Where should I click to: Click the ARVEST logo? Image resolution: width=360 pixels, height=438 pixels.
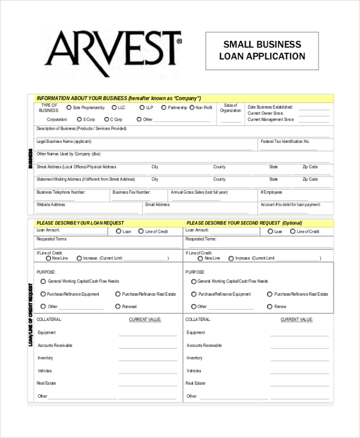tap(113, 50)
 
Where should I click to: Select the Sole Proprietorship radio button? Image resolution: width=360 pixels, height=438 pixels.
tap(68, 107)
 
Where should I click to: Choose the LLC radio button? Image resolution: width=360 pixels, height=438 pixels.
tap(113, 107)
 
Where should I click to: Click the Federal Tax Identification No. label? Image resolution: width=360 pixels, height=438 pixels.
tap(285, 142)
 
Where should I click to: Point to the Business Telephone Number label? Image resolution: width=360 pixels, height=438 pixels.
tap(61, 192)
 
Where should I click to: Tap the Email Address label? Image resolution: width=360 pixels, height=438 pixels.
tap(158, 205)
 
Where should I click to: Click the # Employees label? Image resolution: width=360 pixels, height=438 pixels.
tap(271, 192)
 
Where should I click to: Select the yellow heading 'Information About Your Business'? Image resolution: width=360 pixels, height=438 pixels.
tap(118, 98)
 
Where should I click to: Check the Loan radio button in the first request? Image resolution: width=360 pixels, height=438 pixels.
tap(118, 231)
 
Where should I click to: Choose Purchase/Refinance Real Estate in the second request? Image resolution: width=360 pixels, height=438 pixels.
tap(269, 294)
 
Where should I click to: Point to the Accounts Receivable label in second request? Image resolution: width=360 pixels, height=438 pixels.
tap(204, 345)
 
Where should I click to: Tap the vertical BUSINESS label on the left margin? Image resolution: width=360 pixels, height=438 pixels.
tap(31, 158)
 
